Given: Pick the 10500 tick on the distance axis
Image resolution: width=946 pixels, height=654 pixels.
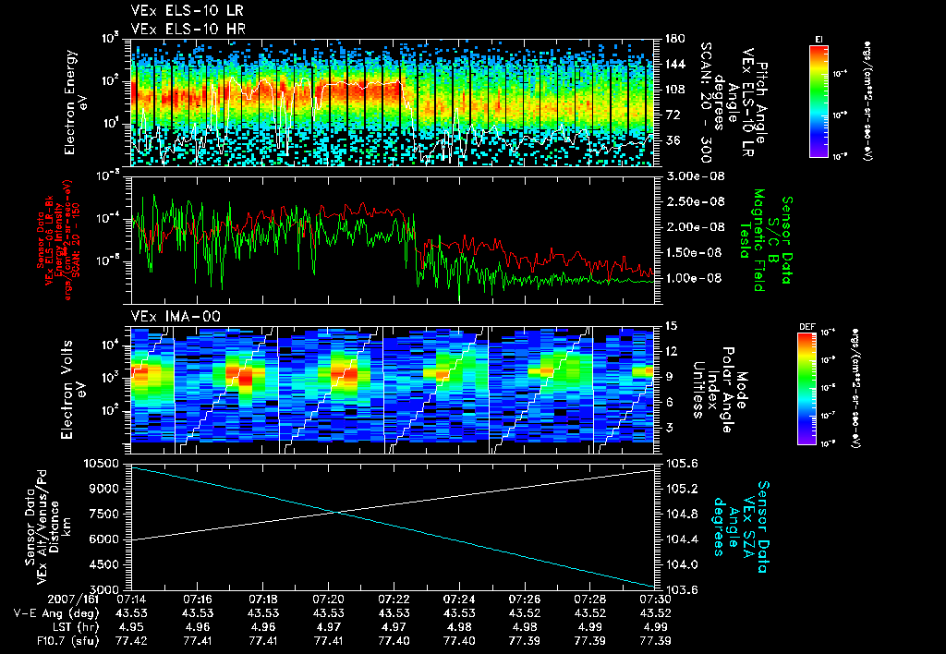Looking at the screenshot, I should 103,462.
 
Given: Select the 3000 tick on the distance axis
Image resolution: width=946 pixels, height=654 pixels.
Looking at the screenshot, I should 107,588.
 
